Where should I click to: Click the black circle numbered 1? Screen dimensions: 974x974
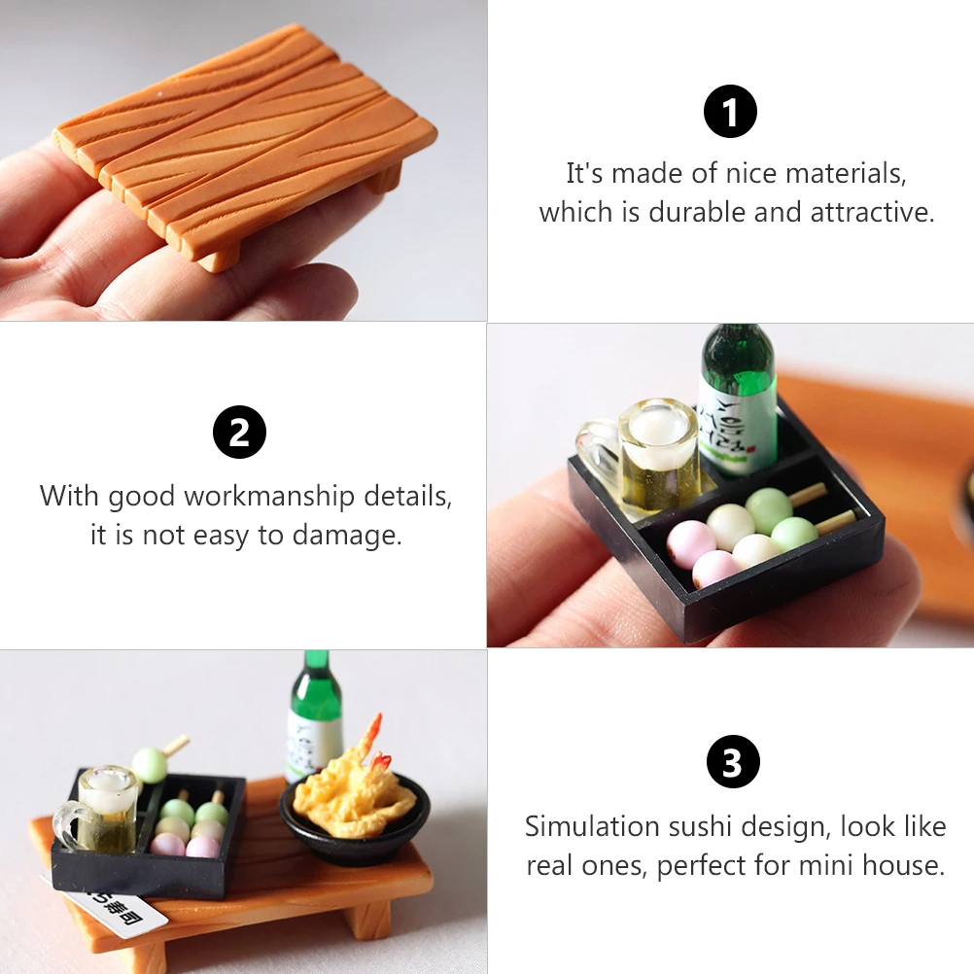click(x=730, y=112)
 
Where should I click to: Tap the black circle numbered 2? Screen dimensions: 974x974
click(x=239, y=434)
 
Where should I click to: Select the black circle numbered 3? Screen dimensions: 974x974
click(x=732, y=762)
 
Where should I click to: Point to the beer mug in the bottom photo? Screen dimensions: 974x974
click(x=103, y=809)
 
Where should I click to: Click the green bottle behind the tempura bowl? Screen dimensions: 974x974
click(x=314, y=714)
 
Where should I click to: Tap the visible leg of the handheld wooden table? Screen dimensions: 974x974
click(x=219, y=255)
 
